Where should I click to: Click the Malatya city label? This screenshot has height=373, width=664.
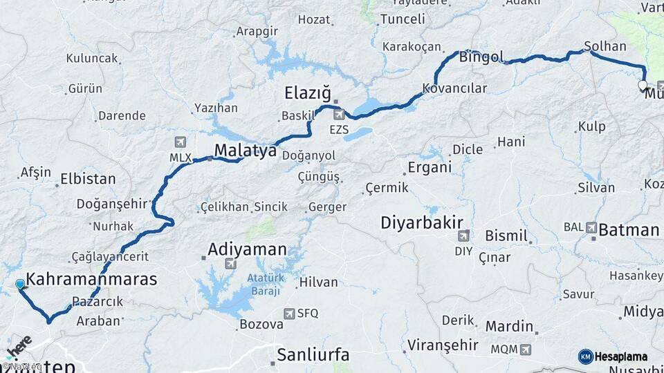click(x=245, y=150)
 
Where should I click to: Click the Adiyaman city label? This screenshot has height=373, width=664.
click(x=247, y=249)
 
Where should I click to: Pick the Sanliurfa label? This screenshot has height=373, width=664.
click(x=313, y=355)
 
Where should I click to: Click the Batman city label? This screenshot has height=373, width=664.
click(x=628, y=230)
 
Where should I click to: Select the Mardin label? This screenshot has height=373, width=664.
click(x=509, y=326)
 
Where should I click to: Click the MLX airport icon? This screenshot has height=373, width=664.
click(x=181, y=142)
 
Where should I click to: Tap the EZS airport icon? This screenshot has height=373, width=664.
click(x=339, y=115)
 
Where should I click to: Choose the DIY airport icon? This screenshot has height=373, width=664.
click(x=463, y=236)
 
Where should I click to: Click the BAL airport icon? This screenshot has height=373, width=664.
click(x=591, y=227)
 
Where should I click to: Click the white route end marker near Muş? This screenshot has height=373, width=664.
click(x=643, y=86)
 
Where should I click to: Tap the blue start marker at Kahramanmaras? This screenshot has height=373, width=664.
click(x=20, y=284)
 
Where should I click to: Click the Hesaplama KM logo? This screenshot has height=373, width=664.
click(x=613, y=356)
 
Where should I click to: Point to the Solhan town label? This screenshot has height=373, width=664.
click(x=605, y=47)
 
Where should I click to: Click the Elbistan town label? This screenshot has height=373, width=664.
click(x=88, y=179)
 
